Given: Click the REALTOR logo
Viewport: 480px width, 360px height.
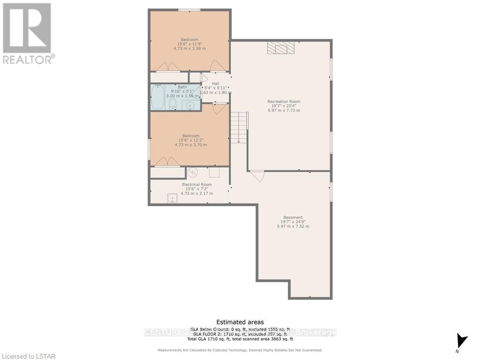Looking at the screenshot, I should [27, 33].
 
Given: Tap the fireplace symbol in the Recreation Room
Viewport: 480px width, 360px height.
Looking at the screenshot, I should [281, 48].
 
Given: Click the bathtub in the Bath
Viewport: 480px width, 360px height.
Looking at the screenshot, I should [158, 97].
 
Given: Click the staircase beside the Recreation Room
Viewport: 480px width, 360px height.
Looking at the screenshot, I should [239, 127].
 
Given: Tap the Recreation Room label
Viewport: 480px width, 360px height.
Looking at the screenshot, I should [284, 106].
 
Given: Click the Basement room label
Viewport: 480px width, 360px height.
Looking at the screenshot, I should [293, 222].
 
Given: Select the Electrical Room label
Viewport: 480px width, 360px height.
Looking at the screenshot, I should [196, 189].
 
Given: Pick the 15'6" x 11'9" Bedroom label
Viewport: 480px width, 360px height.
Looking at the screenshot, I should [189, 44].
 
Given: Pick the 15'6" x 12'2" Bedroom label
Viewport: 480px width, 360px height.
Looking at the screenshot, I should [190, 140].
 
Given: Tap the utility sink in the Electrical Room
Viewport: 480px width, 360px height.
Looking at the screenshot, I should [172, 199].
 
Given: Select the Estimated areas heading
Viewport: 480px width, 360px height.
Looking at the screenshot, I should [240, 322].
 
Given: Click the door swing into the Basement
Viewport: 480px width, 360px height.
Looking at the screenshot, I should [257, 176].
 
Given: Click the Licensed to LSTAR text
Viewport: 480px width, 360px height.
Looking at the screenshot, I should [28, 356].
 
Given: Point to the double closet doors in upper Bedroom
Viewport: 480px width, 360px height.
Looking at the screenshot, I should [167, 67].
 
